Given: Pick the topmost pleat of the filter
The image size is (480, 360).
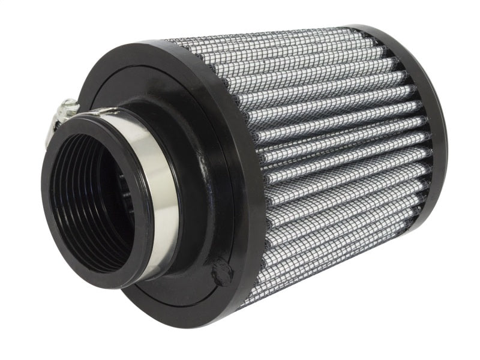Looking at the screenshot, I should (x=276, y=40).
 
